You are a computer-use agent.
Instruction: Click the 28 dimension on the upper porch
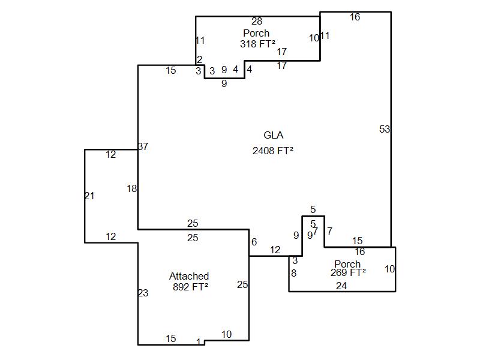point(257,22)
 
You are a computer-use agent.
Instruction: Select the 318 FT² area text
point(257,43)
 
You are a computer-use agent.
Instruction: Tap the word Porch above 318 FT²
point(256,33)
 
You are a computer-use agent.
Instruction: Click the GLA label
point(273,136)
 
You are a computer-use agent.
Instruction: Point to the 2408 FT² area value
point(273,151)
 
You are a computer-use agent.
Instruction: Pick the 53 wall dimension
point(385,129)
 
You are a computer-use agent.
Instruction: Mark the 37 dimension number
point(143,146)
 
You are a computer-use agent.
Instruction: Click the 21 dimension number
point(89,196)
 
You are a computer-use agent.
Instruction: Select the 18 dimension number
point(132,188)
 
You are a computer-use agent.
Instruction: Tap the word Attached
point(189,276)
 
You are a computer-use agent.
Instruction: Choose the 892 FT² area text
point(190,287)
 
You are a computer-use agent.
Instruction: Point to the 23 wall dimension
point(143,293)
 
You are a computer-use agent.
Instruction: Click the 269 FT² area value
point(348,272)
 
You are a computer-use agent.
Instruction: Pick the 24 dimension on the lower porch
point(341,286)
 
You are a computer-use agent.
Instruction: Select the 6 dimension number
point(254,242)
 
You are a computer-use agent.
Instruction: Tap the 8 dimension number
point(294,273)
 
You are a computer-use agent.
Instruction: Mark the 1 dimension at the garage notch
point(199,342)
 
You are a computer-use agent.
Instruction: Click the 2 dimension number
point(199,59)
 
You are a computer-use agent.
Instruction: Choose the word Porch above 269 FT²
point(347,264)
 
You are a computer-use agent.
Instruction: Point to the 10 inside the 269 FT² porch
point(389,269)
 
